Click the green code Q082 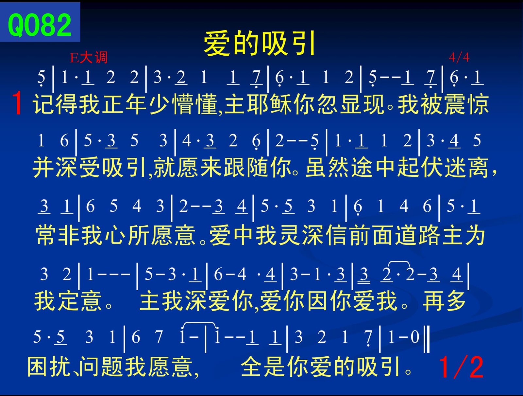[40, 25]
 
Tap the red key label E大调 [89, 58]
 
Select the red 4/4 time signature [459, 57]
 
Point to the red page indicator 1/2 [461, 368]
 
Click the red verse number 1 [17, 103]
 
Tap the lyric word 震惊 [466, 104]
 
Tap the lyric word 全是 [263, 367]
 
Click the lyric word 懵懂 [195, 104]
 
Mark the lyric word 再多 [444, 301]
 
